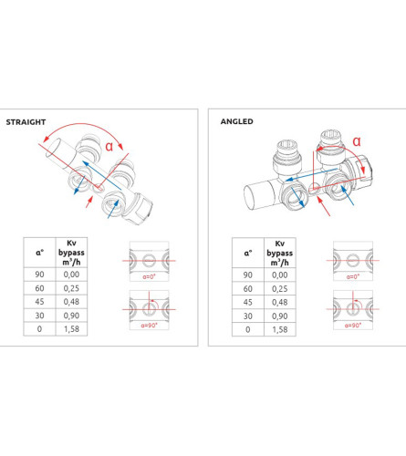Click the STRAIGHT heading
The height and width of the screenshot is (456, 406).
26,122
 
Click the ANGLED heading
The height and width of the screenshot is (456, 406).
236,121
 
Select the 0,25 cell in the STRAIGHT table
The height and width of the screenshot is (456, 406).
71,288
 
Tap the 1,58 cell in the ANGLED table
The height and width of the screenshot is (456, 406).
280,329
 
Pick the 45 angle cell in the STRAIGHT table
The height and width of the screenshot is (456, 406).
39,302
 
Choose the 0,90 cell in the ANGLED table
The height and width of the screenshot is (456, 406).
280,316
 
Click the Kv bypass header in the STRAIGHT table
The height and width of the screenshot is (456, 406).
71,253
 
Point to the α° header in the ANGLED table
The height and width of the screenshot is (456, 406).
248,254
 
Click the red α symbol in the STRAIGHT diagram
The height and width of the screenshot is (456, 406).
109,147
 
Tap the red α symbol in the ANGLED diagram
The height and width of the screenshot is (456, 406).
357,141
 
